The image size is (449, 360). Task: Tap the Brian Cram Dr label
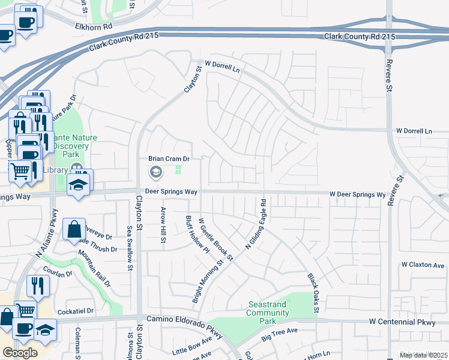(169, 159)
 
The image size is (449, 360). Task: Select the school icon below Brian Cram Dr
(155, 173)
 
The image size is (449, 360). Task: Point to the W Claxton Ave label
(423, 265)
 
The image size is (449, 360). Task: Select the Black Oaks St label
(312, 293)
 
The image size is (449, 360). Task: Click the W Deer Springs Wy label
(357, 195)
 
